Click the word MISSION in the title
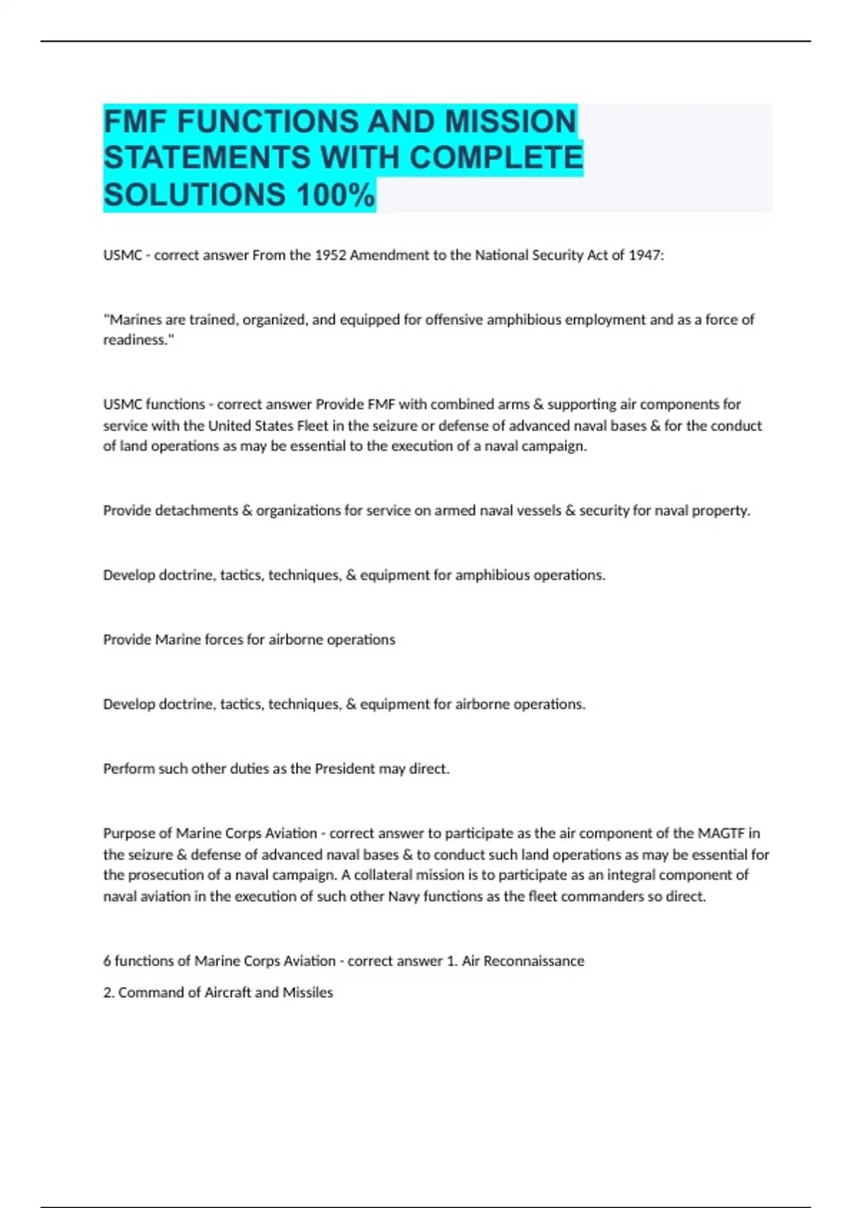pos(510,122)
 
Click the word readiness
pos(137,340)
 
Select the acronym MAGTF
pos(721,833)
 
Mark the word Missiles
pos(307,993)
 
